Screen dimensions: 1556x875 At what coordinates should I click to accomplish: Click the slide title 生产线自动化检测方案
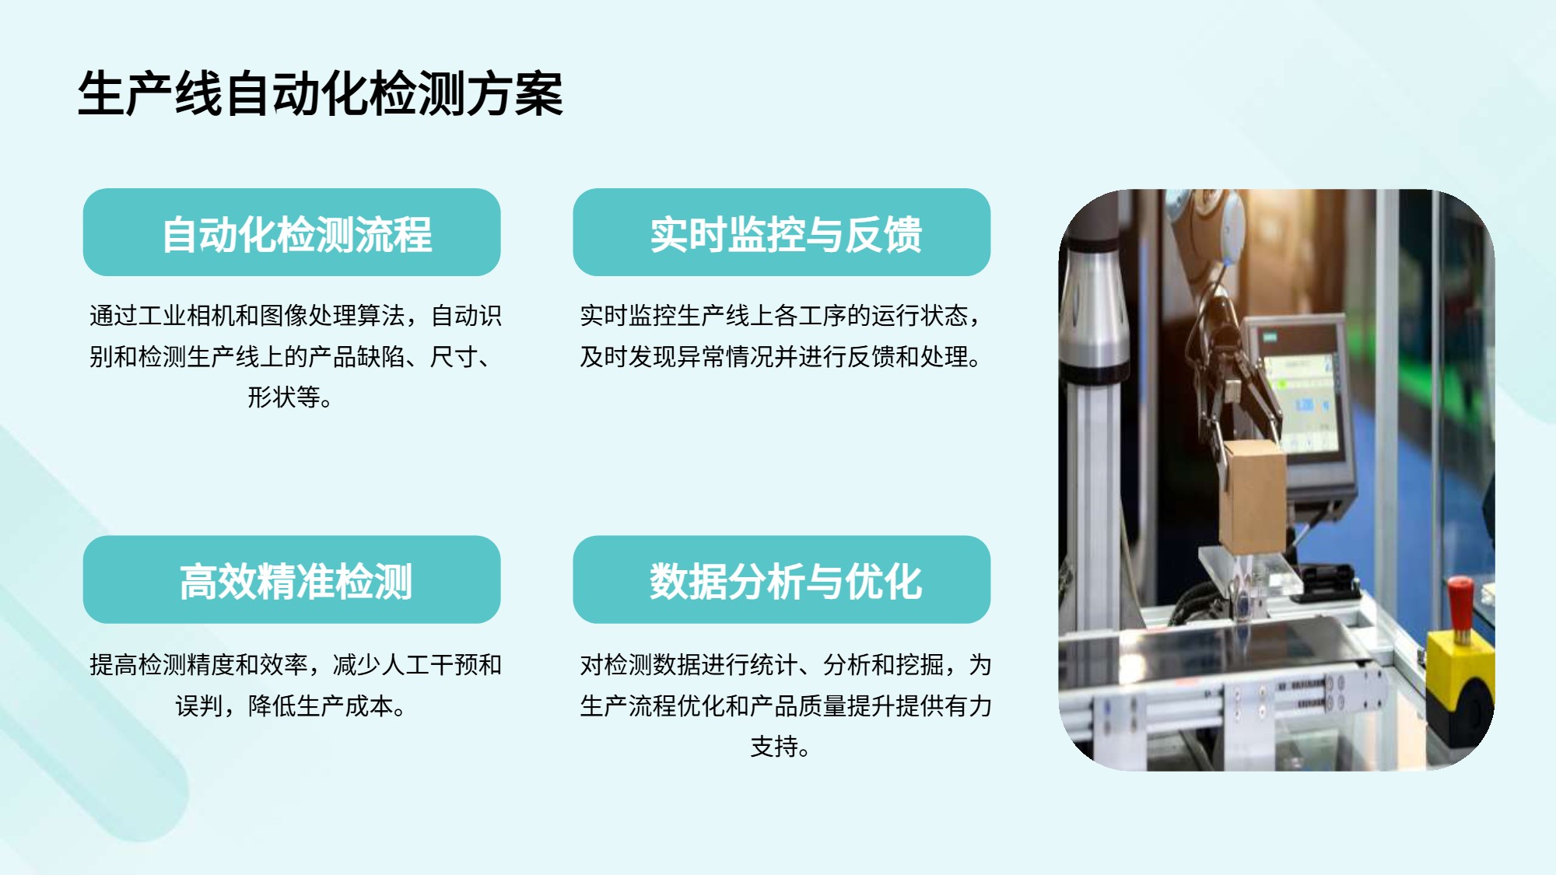[x=320, y=94]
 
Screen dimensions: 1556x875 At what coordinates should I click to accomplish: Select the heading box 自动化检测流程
[x=292, y=232]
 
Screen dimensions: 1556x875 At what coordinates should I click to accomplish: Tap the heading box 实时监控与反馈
[x=782, y=232]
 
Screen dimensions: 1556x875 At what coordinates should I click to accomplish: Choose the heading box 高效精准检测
[x=292, y=579]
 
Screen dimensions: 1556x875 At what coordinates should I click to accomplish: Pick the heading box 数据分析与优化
[x=782, y=579]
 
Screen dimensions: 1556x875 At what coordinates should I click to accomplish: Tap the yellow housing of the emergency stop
[x=1460, y=677]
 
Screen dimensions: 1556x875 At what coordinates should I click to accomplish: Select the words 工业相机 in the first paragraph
[x=187, y=316]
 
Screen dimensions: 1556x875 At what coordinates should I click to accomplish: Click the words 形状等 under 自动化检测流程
[x=283, y=397]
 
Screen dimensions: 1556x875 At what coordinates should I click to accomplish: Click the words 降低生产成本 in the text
[x=321, y=706]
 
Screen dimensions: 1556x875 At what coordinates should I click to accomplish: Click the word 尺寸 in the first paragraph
[x=454, y=357]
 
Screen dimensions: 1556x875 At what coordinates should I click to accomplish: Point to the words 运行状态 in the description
[x=920, y=316]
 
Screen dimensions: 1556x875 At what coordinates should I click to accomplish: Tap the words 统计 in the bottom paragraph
[x=774, y=665]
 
